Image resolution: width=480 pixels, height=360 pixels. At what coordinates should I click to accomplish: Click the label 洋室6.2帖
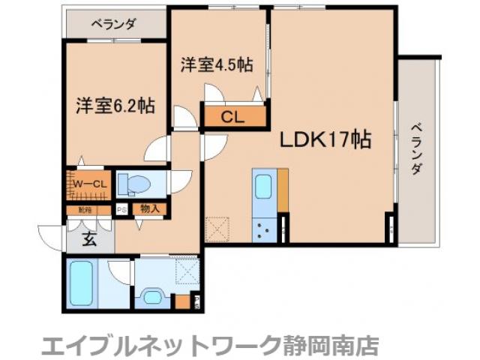[x=115, y=106]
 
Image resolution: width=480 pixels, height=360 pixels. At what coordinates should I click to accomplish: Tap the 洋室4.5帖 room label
[x=215, y=65]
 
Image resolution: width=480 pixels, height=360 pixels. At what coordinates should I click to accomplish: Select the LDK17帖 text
[x=325, y=139]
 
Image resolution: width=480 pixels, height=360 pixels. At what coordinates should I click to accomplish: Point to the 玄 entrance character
[x=88, y=240]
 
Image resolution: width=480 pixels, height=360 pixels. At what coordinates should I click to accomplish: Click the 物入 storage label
[x=149, y=209]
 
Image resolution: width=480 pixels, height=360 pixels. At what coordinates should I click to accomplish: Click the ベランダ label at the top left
[x=114, y=24]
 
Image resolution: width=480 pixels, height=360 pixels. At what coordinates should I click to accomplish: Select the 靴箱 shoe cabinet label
[x=82, y=210]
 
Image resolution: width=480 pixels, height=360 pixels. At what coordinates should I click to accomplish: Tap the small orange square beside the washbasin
[x=181, y=303]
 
